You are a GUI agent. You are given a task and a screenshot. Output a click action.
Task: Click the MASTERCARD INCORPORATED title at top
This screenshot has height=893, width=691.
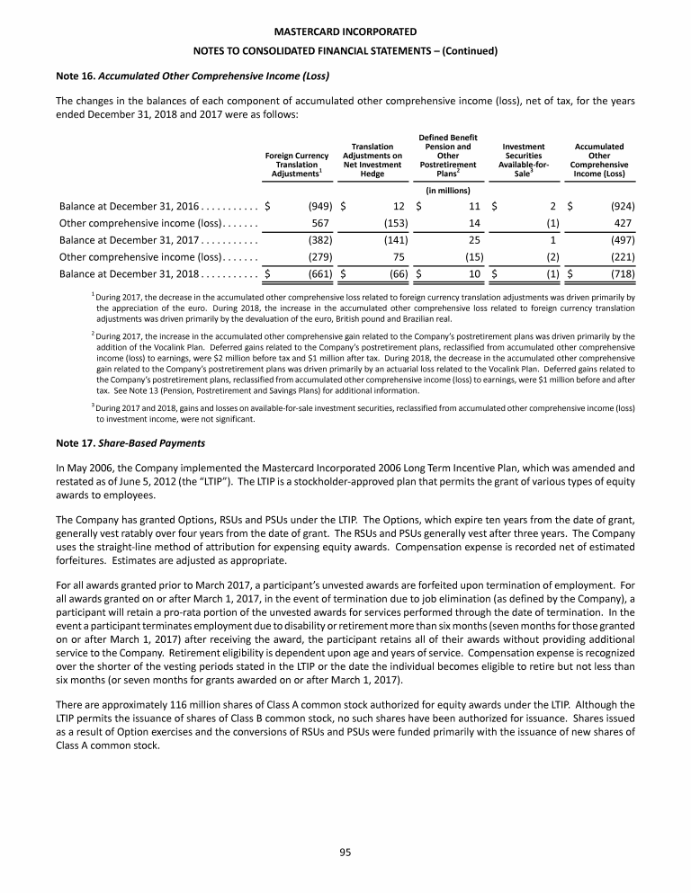point(345,31)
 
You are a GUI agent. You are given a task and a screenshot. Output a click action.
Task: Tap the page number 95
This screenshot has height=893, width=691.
point(345,853)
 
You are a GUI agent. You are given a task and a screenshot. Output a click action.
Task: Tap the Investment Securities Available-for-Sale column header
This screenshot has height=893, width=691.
point(524,160)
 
